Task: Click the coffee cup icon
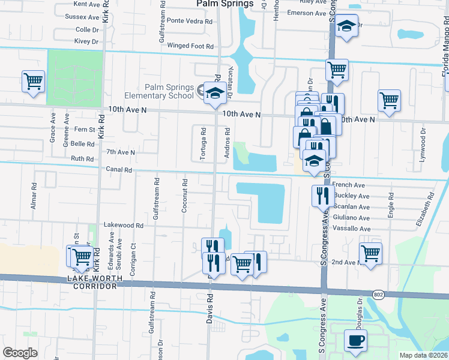(355, 341)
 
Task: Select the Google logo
(20, 353)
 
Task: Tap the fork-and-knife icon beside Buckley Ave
(323, 195)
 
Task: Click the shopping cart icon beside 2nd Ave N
(370, 253)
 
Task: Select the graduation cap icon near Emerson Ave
(346, 25)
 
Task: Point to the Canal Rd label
(119, 170)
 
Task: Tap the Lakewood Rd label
(124, 226)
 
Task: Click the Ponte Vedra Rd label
(190, 20)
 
